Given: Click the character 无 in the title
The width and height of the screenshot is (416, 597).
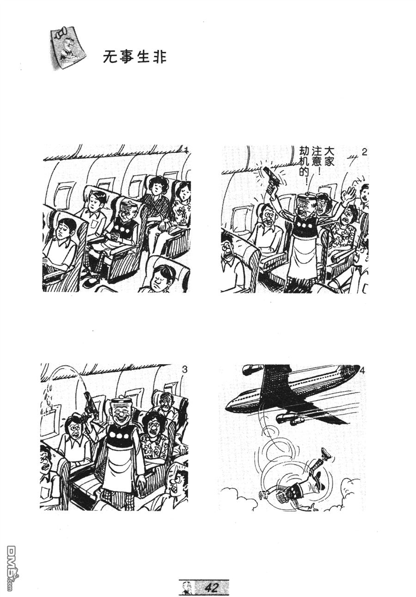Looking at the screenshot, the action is (110, 57).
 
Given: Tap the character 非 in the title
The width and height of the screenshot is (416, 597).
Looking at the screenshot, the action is (159, 57).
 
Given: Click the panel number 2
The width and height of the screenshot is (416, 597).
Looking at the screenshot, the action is (364, 152).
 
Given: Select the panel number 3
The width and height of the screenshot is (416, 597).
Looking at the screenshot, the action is (184, 370).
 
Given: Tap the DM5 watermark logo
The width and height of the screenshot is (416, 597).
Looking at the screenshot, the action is (12, 568).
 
